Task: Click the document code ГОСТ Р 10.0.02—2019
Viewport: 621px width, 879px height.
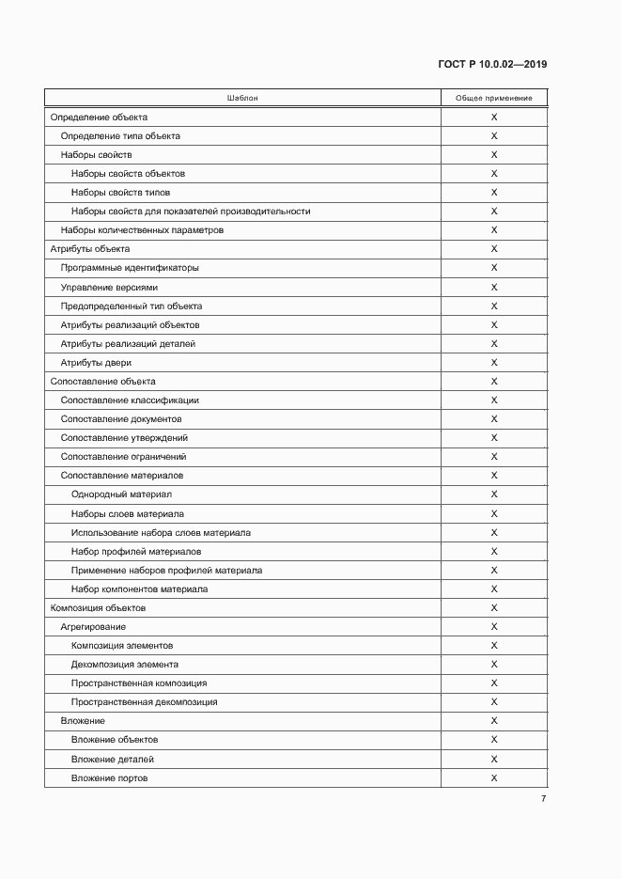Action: click(492, 65)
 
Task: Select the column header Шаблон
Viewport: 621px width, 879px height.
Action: click(242, 98)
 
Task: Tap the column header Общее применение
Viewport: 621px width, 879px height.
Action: click(494, 98)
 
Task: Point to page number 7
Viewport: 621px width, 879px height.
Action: click(543, 799)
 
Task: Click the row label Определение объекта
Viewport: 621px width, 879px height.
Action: click(99, 118)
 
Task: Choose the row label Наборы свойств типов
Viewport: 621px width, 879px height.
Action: click(120, 193)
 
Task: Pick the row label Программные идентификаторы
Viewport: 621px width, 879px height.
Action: click(130, 268)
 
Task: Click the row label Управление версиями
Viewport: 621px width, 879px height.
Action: click(109, 288)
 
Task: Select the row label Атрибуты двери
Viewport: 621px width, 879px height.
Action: click(96, 363)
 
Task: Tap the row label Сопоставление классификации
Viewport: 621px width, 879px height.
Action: click(130, 400)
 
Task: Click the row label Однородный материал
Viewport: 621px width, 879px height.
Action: click(121, 494)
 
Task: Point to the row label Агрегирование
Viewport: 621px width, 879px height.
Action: click(93, 627)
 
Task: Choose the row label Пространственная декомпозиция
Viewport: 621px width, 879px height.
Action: click(144, 702)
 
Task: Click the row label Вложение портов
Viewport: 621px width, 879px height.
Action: click(109, 778)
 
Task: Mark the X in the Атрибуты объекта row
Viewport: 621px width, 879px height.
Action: click(494, 249)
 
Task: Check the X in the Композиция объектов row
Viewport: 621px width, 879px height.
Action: click(494, 608)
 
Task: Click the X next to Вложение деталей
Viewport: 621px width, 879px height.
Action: click(494, 760)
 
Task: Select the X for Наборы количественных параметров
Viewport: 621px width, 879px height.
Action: click(494, 230)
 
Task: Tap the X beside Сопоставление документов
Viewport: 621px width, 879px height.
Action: click(494, 419)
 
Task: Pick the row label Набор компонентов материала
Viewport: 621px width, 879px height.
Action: click(139, 589)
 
